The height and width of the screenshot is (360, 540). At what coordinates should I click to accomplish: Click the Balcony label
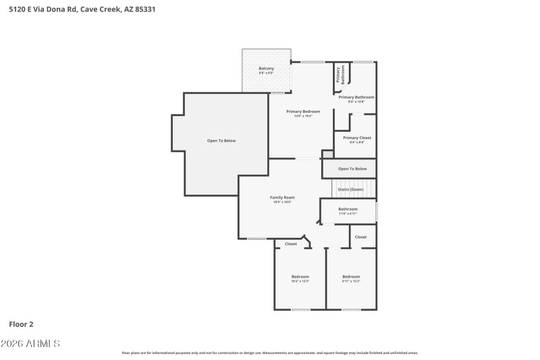click(266, 70)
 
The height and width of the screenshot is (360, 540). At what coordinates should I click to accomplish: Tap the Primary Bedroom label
click(302, 112)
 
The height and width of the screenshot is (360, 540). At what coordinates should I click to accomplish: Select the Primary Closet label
click(356, 138)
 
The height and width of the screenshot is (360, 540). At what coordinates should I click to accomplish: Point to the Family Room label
click(282, 198)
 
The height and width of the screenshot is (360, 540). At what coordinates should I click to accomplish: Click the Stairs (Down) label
click(350, 189)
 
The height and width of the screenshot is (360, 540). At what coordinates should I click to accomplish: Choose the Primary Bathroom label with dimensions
click(356, 98)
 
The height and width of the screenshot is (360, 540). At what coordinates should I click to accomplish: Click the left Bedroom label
click(300, 277)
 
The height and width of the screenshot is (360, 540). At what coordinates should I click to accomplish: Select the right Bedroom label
click(351, 277)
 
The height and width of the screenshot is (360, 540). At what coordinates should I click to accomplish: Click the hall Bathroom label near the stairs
click(348, 210)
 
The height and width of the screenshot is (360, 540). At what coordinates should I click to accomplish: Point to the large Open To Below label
click(221, 140)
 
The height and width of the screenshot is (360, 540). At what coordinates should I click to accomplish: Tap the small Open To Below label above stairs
click(352, 168)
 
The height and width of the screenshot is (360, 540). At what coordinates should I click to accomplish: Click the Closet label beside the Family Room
click(291, 244)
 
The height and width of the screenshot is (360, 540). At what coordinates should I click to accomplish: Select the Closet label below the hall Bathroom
click(361, 237)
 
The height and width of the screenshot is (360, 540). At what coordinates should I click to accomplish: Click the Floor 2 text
click(21, 324)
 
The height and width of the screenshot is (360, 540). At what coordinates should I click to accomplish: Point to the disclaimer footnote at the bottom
click(269, 353)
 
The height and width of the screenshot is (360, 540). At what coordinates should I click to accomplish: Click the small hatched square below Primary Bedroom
click(327, 155)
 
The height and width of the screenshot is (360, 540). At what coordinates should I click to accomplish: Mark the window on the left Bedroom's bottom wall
click(300, 309)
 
